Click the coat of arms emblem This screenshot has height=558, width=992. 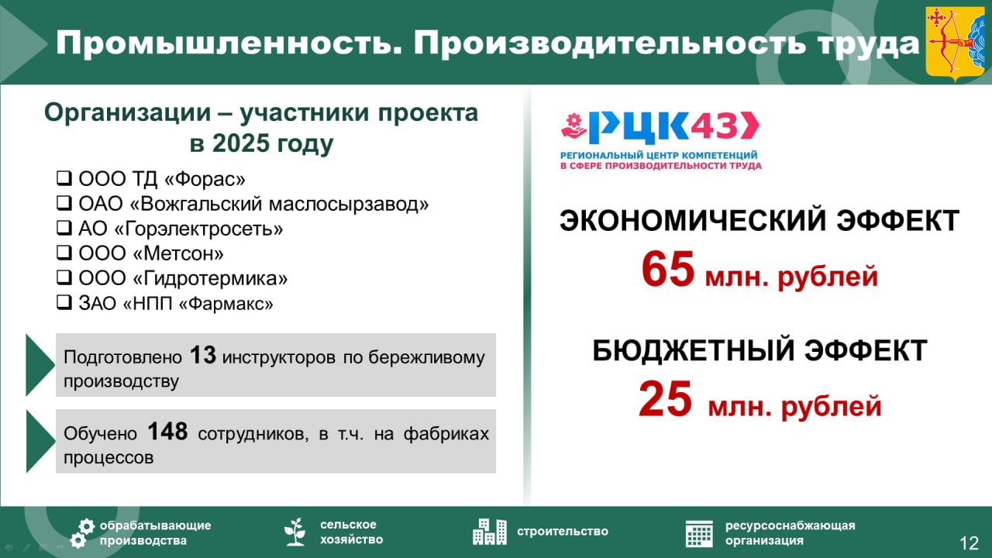click(x=956, y=43)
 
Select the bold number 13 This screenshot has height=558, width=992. click(x=202, y=356)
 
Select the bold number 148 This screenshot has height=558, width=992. click(x=167, y=432)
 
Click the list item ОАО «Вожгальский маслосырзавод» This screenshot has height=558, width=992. click(x=253, y=205)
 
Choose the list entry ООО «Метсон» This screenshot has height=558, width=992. click(x=151, y=253)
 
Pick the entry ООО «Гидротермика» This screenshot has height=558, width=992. click(x=183, y=278)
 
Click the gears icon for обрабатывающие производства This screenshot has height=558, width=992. click(x=82, y=532)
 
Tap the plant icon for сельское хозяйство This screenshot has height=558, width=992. click(x=294, y=532)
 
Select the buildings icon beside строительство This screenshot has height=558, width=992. click(x=490, y=531)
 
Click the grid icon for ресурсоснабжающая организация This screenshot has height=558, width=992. click(x=699, y=532)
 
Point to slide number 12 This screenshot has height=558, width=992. click(x=969, y=542)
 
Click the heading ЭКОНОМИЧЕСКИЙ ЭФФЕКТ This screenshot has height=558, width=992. click(x=759, y=221)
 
